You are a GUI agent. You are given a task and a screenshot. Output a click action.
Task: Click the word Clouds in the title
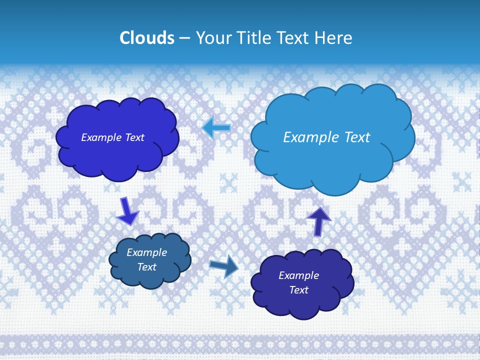[147, 38]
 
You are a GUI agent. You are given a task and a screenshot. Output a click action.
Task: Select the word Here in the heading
[334, 38]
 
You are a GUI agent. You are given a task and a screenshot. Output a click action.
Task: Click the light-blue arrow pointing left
[216, 127]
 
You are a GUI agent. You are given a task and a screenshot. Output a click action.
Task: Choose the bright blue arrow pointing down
[126, 211]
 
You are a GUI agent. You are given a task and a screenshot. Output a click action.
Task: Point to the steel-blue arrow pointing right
[223, 266]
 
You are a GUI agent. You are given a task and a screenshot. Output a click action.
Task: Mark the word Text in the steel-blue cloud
[147, 267]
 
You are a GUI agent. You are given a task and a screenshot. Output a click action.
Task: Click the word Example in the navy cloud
[298, 275]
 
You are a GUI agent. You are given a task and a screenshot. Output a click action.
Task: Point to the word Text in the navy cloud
[299, 290]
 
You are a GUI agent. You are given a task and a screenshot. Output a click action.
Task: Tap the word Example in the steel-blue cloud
[147, 253]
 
